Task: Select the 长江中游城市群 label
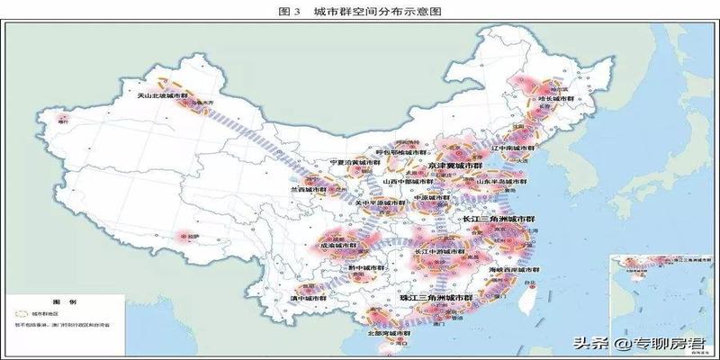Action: click(x=440, y=251)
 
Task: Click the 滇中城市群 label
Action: click(x=308, y=296)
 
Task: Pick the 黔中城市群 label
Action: click(x=366, y=267)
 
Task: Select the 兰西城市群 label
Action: click(x=306, y=191)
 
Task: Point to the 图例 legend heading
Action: click(x=59, y=303)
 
